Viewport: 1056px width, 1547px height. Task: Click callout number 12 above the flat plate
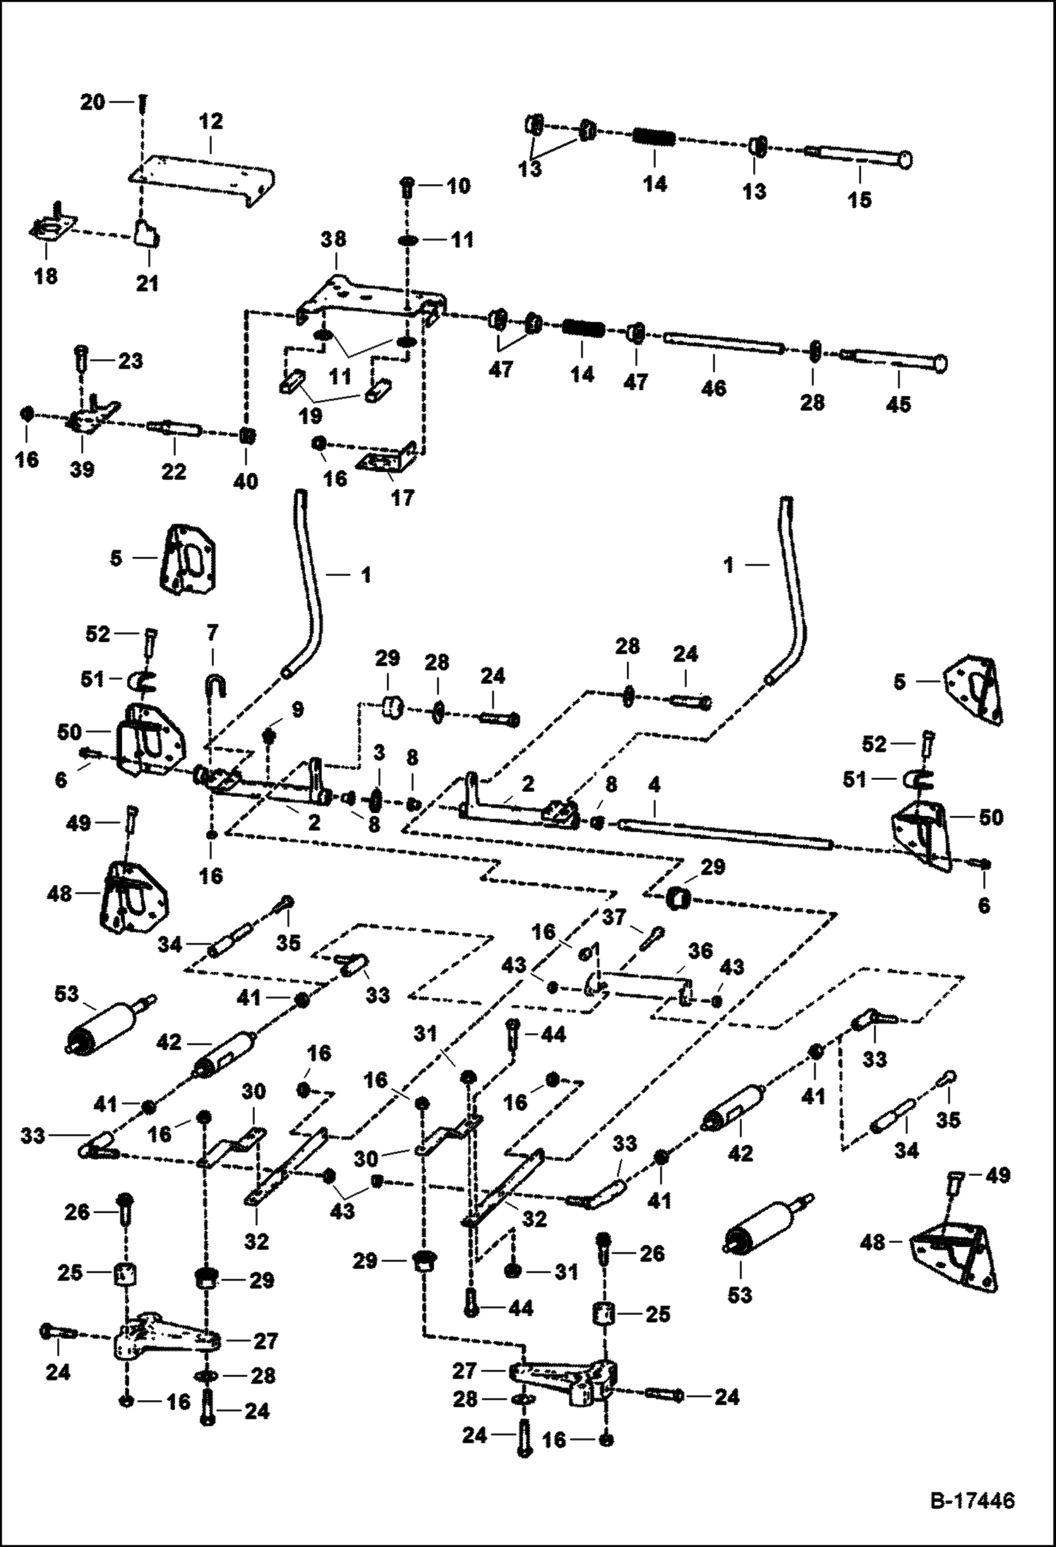tap(211, 121)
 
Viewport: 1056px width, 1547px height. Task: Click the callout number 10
tap(458, 186)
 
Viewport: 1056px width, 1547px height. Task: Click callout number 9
tap(298, 710)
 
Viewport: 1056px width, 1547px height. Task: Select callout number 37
tap(614, 917)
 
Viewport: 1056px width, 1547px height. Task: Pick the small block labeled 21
tap(147, 232)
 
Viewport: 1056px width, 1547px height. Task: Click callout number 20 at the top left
tap(92, 102)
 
